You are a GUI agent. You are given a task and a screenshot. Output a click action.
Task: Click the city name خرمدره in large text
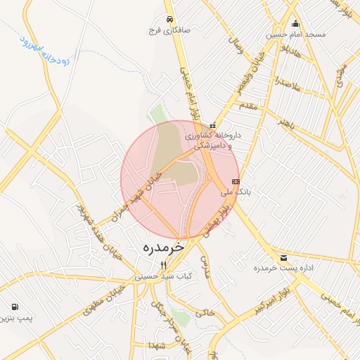pyautogui.click(x=162, y=247)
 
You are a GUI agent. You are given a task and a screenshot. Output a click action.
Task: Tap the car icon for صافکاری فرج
pyautogui.click(x=169, y=20)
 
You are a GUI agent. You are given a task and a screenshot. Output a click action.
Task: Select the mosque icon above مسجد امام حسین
pyautogui.click(x=295, y=23)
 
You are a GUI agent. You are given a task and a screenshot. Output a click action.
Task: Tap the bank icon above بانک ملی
pyautogui.click(x=235, y=181)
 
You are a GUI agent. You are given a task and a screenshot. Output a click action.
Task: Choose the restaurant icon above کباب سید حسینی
pyautogui.click(x=164, y=265)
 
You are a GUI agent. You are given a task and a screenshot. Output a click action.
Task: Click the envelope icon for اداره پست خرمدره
pyautogui.click(x=283, y=258)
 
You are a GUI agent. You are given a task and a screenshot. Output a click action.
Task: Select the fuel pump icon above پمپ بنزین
pyautogui.click(x=15, y=307)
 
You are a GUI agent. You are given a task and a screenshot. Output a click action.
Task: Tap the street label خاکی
pyautogui.click(x=205, y=311)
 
